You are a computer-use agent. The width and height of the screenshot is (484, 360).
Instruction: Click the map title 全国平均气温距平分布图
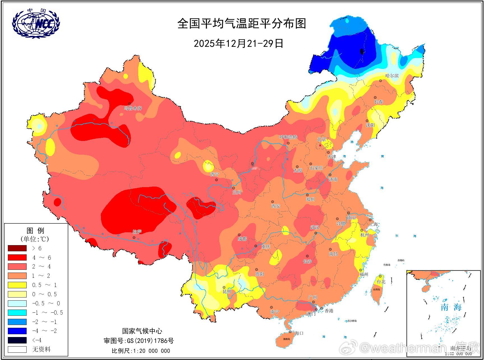tap(241, 24)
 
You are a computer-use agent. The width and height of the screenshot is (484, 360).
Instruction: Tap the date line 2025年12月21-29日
tap(239, 43)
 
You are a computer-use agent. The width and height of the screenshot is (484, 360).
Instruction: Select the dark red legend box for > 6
tap(17, 248)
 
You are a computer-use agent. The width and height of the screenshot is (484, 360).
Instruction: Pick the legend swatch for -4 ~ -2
tap(17, 331)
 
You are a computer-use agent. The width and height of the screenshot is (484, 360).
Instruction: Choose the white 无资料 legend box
tap(17, 349)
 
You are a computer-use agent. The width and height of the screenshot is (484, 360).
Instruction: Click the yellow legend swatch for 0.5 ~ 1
tap(17, 285)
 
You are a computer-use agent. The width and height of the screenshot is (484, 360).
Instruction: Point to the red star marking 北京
tap(320, 145)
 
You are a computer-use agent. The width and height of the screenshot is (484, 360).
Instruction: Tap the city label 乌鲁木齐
tap(133, 108)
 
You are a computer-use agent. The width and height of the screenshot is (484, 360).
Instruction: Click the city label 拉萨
tap(137, 232)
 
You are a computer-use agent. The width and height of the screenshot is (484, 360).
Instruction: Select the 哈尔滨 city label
tap(392, 76)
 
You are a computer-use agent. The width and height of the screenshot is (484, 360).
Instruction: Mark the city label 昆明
tap(227, 291)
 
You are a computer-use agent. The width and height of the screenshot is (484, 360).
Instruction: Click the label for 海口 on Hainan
tap(299, 333)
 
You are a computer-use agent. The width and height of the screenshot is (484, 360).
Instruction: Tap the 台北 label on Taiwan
tap(381, 282)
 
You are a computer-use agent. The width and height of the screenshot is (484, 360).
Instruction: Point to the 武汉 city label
tap(315, 227)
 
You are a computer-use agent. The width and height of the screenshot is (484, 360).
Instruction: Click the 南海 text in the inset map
tap(451, 307)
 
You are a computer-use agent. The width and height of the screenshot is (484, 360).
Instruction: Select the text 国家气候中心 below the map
tap(142, 331)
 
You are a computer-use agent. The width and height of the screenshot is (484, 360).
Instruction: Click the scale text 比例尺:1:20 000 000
tap(141, 351)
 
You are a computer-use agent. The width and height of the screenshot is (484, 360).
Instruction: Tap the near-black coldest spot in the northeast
tap(362, 51)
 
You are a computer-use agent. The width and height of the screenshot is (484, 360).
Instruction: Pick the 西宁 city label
tap(215, 174)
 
